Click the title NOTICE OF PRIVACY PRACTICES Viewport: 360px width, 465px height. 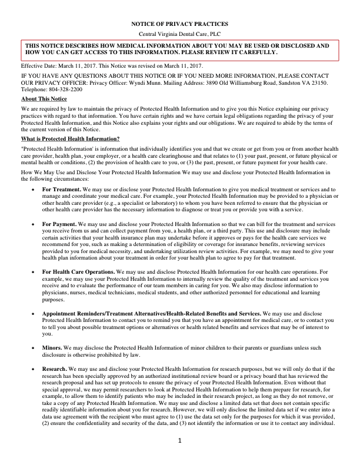pyautogui.click(x=179, y=24)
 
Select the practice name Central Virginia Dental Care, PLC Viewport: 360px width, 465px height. pyautogui.click(x=179, y=34)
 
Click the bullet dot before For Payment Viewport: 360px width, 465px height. pyautogui.click(x=32, y=224)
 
